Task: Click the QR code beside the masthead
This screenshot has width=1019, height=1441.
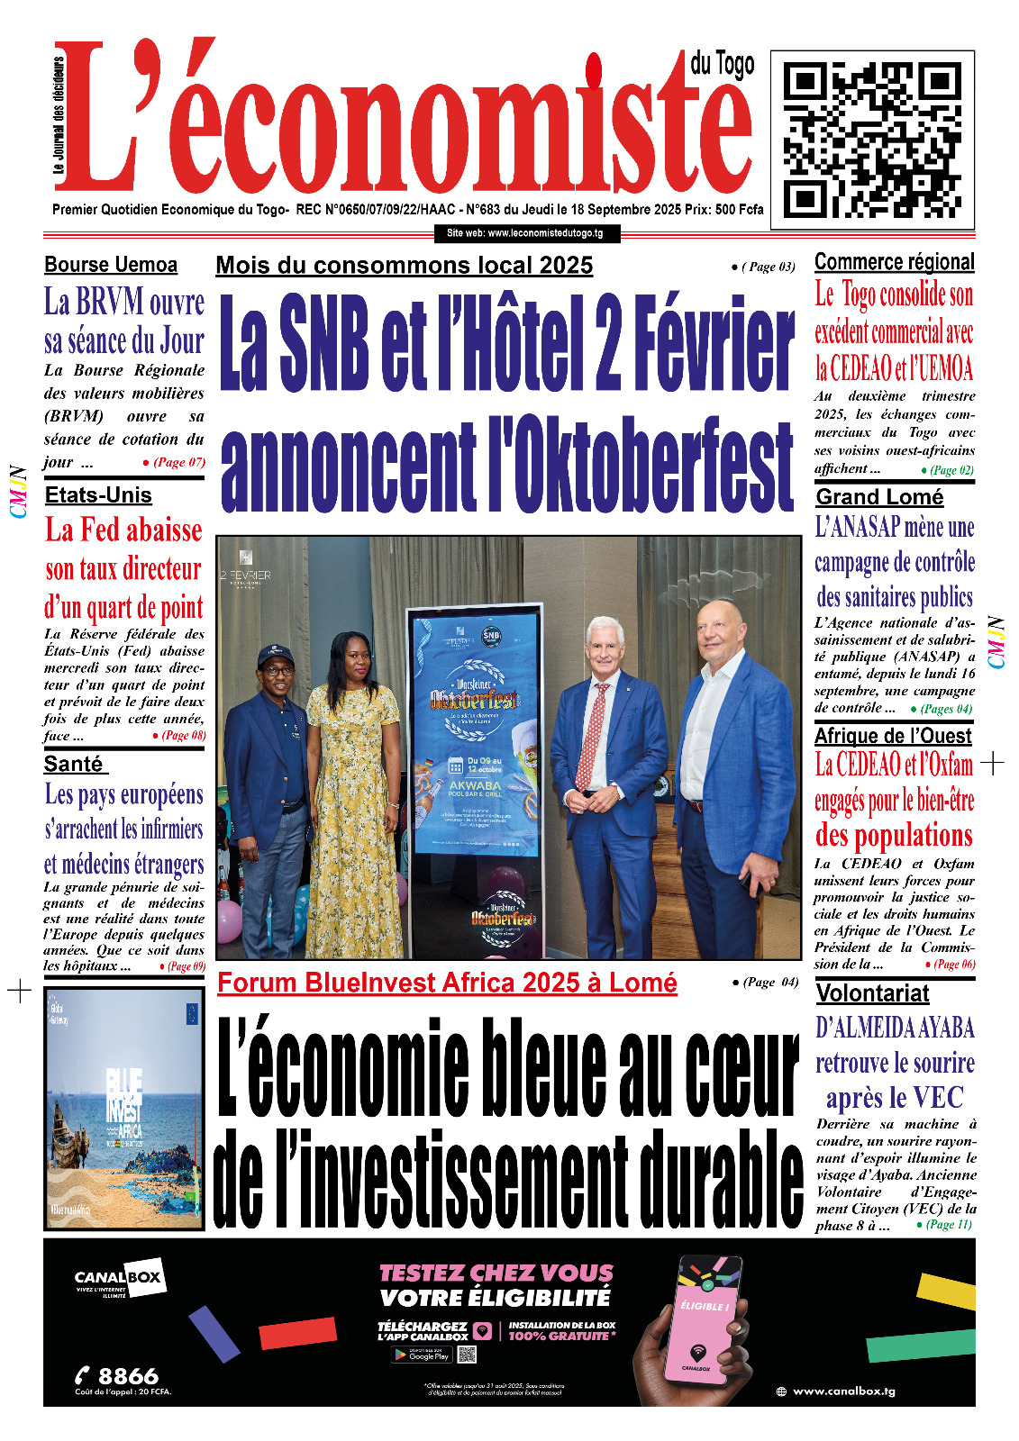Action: point(872,140)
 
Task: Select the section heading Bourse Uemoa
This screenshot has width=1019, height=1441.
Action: point(111,265)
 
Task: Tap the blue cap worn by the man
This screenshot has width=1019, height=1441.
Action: point(276,655)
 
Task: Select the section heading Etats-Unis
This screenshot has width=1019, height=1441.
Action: point(98,495)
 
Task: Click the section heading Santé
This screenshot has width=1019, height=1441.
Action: point(74,764)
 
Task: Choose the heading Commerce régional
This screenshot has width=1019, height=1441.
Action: point(894,262)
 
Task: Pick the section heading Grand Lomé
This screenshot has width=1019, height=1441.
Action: point(879,497)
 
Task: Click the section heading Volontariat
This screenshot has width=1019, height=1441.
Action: point(872,993)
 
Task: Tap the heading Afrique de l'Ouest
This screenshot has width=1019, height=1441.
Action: point(892,736)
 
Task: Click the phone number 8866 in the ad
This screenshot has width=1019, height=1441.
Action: point(127,1376)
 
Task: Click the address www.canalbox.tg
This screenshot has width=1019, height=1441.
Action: point(843,1391)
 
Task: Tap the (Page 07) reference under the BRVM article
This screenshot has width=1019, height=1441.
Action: point(178,462)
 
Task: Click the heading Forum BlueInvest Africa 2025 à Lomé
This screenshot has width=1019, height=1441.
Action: point(447,983)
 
